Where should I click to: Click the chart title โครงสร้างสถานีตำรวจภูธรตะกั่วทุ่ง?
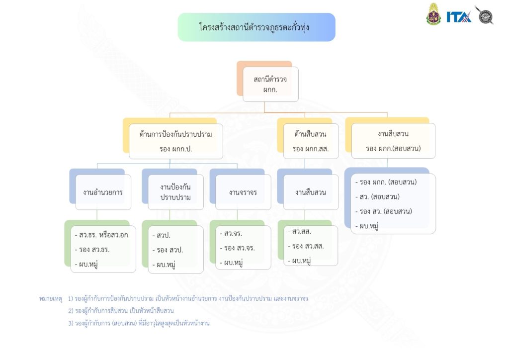pyautogui.click(x=256, y=27)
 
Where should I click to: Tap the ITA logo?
pyautogui.click(x=458, y=17)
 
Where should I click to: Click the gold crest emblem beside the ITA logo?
pyautogui.click(x=433, y=15)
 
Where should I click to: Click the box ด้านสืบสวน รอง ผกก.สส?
pyautogui.click(x=311, y=141)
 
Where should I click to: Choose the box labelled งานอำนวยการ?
pyautogui.click(x=103, y=192)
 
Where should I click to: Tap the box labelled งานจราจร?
pyautogui.click(x=243, y=192)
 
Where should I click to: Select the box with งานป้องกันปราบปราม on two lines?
pyautogui.click(x=175, y=192)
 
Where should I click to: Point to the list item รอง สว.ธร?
pyautogui.click(x=93, y=250)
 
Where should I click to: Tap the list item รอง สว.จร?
pyautogui.click(x=239, y=248)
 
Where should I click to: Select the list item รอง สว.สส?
pyautogui.click(x=307, y=246)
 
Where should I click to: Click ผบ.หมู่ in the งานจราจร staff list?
pyautogui.click(x=234, y=263)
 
